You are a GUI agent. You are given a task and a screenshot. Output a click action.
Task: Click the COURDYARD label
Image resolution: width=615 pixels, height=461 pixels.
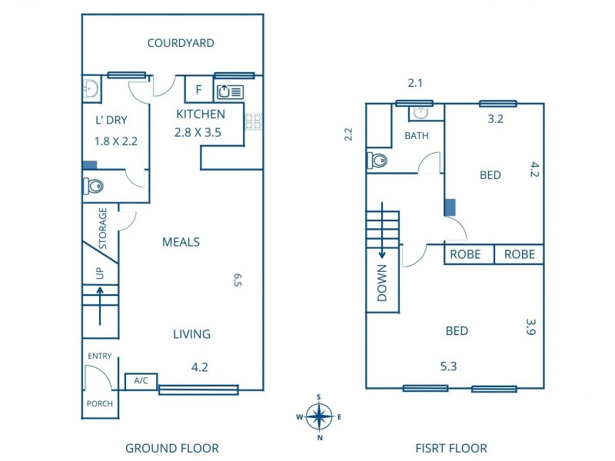pos(181,43)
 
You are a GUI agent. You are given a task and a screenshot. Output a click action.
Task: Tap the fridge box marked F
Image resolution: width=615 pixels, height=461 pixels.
pos(199,89)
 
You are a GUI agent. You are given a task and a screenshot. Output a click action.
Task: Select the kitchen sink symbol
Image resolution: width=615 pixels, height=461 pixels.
pos(230,91)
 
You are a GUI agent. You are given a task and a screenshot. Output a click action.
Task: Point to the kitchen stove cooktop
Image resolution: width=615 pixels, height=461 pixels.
pos(254,121)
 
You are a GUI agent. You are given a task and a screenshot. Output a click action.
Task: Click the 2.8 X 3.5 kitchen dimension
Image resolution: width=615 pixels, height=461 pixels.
pos(198,132)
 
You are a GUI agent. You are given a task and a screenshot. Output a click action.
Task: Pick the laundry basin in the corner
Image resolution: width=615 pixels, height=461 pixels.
pos(91,89)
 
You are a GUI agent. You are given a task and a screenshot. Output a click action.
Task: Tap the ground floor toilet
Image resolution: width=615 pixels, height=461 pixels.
pos(93,186)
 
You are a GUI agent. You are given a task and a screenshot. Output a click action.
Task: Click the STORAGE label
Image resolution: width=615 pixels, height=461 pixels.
pos(103,228)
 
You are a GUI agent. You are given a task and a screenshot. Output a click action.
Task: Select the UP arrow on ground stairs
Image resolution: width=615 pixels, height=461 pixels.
pos(100,306)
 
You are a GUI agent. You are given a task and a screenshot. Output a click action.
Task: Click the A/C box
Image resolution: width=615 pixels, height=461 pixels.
pos(141,381)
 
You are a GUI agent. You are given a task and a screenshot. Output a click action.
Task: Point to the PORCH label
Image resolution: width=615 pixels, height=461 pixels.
pos(100,403)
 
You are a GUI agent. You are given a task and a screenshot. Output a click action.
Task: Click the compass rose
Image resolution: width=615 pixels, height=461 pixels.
pos(319,416)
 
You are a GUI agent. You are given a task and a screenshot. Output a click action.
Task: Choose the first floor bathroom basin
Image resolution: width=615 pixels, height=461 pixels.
pos(421,113)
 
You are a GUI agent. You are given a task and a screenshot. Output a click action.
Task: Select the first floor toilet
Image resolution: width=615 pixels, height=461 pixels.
pos(377,161)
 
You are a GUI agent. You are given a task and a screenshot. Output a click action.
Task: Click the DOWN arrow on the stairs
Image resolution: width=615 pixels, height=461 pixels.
pos(382,231)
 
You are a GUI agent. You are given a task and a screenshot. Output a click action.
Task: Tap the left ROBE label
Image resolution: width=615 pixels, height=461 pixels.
pos(465,254)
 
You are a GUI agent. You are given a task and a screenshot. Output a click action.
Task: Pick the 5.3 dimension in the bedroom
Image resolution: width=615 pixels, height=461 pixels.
pos(448,366)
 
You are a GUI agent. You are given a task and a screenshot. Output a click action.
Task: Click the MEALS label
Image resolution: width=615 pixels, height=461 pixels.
pos(181,242)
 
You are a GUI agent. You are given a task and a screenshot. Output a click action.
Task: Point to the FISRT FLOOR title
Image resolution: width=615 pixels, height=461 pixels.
pos(451,448)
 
